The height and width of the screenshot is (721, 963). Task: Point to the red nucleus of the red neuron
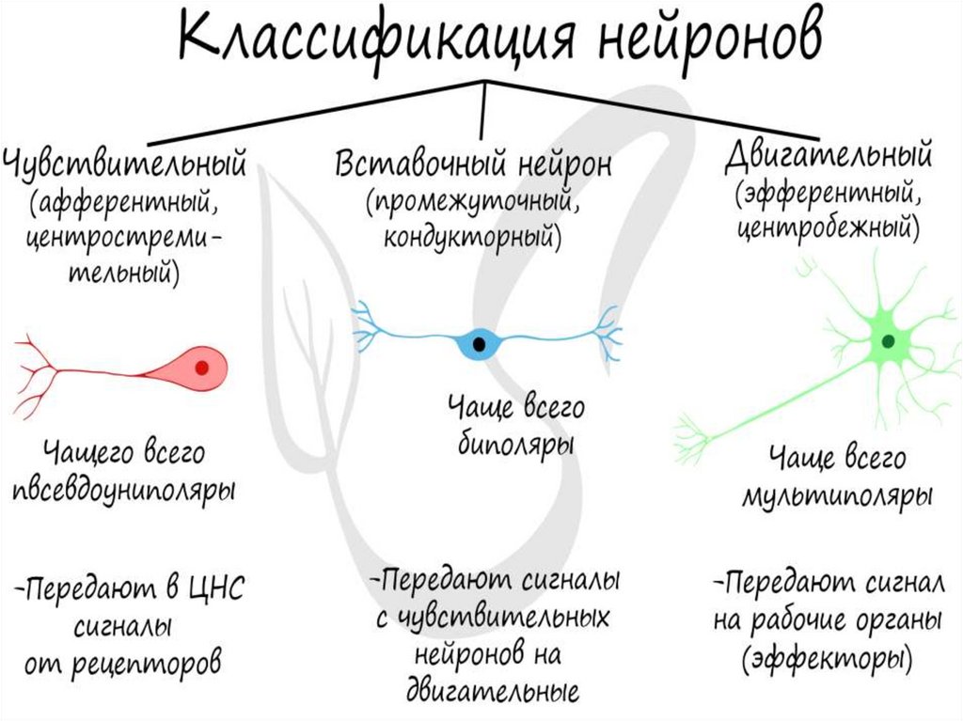point(201,368)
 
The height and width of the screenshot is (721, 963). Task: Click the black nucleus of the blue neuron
point(481,343)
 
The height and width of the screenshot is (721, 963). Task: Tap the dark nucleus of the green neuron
point(887,342)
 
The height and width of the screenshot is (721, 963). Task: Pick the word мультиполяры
point(837,495)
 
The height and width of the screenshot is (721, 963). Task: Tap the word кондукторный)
point(471,238)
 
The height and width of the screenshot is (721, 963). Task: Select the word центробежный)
point(827,227)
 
